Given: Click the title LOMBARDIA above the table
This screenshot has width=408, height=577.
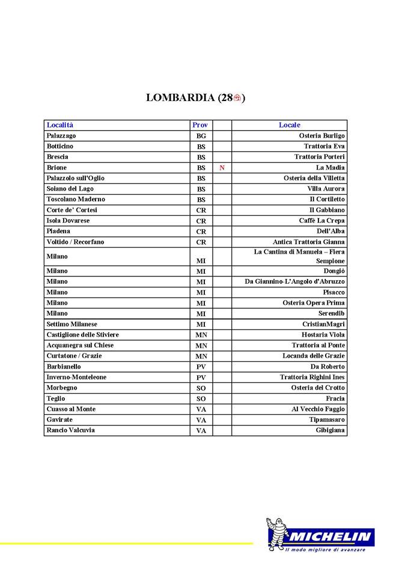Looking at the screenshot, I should pos(181,98).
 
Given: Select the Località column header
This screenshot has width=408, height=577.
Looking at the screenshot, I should pos(60,125).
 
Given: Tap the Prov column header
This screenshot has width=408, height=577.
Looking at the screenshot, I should pos(200,125).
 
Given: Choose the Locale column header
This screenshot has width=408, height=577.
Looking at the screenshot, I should pos(289,125).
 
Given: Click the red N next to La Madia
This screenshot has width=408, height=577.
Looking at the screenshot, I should pos(222,168).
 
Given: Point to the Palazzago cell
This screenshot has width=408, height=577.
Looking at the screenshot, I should pos(61,136).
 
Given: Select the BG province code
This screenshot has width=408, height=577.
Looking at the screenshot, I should pos(201,136).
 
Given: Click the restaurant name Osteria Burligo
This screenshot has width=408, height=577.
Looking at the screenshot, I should pos(321,136).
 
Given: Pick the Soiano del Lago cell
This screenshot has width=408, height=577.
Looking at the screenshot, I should pos(70,189).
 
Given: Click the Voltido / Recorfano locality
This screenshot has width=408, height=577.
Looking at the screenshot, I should pos(75,242).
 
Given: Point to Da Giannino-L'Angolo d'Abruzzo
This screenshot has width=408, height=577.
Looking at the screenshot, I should pos(294,281).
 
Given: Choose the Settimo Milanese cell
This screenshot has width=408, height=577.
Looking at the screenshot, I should pos(72,324).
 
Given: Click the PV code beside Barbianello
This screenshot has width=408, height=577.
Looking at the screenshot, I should pos(201,367).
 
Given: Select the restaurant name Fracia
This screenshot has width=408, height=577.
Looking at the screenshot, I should pos(335,398).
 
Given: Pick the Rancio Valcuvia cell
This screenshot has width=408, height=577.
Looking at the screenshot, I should pos(70,430).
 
